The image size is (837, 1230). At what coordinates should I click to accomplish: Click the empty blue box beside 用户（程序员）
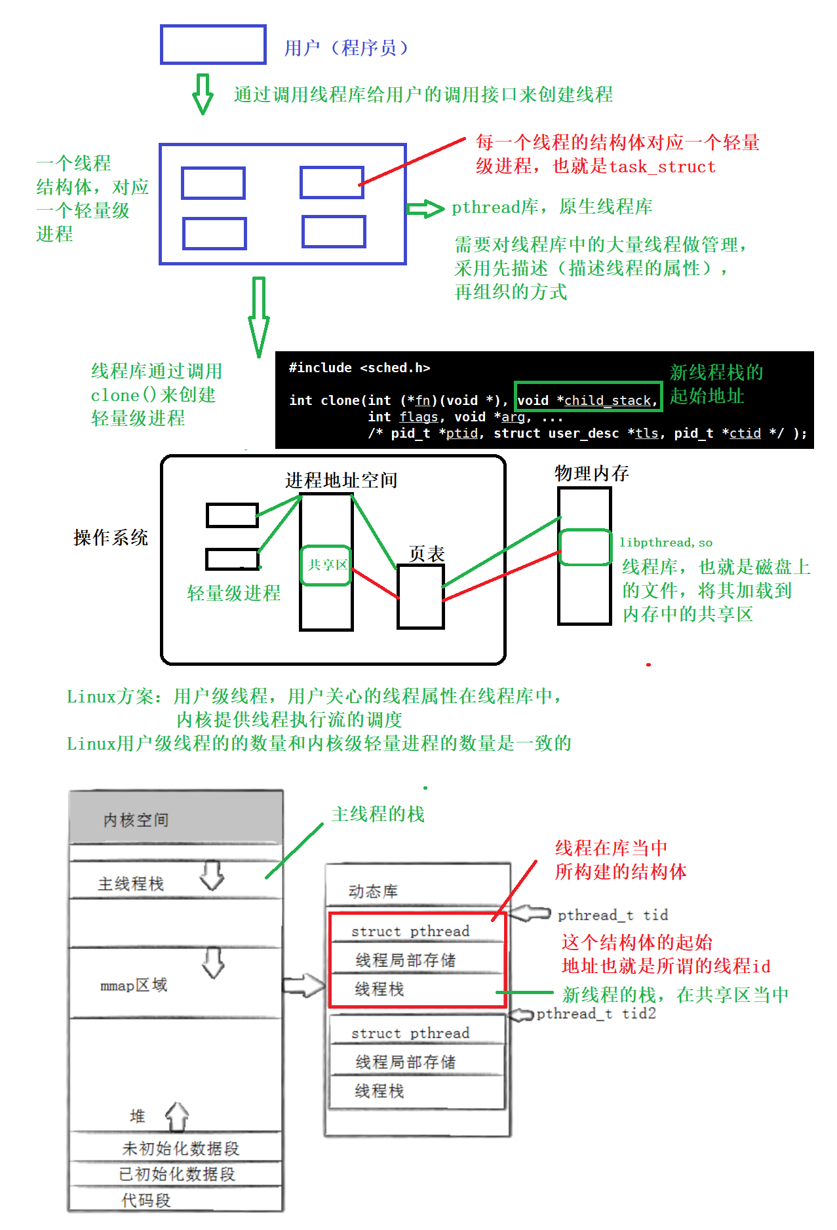click(x=213, y=45)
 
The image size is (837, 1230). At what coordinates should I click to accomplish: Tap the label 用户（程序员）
click(x=346, y=48)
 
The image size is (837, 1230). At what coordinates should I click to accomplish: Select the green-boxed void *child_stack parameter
click(x=588, y=397)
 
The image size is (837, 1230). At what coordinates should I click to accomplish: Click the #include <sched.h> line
click(x=359, y=368)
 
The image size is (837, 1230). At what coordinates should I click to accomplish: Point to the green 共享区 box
click(x=326, y=566)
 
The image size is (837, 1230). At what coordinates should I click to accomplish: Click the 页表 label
click(x=427, y=554)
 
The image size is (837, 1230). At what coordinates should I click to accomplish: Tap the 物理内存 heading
click(x=591, y=473)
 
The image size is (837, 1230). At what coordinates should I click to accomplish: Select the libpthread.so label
click(x=666, y=543)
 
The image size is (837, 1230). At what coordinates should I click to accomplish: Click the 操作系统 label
click(x=111, y=538)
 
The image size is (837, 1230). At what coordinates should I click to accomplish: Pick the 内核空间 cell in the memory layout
click(x=136, y=820)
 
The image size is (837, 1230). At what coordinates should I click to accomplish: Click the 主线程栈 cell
click(x=131, y=883)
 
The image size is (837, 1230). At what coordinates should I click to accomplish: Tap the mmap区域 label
click(x=134, y=985)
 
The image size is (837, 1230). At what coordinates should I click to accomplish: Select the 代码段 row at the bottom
click(x=146, y=1200)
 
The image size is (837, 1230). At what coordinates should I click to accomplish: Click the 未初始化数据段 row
click(x=181, y=1148)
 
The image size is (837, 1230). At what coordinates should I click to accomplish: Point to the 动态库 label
click(x=373, y=891)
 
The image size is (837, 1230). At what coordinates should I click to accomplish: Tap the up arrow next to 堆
click(x=177, y=1117)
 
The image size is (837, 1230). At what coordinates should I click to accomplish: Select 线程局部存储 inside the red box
click(x=405, y=960)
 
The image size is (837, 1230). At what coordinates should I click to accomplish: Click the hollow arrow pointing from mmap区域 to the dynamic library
click(x=303, y=986)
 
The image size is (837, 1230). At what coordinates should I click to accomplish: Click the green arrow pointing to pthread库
click(x=425, y=209)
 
